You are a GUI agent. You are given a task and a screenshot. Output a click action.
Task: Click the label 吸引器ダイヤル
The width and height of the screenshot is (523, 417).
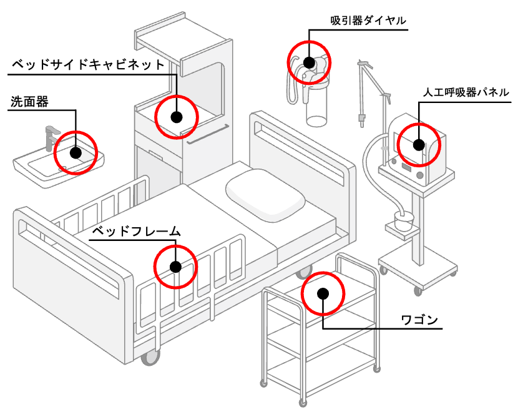pos(368,21)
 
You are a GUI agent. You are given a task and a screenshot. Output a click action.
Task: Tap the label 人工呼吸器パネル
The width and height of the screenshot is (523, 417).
pos(466,92)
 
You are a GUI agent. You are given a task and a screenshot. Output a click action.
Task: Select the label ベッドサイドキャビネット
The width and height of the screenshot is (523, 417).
pos(89,64)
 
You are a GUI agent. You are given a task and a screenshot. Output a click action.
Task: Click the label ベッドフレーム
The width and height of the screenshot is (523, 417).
pos(136,232)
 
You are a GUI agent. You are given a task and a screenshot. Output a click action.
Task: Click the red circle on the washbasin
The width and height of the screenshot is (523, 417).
pos(76,152)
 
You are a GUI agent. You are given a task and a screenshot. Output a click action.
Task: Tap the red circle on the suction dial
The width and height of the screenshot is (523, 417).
pos(308,62)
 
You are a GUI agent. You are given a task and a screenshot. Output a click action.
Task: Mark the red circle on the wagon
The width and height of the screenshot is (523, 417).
pos(323,293)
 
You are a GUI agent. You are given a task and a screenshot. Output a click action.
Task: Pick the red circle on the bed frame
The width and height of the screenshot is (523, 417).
pos(175,267)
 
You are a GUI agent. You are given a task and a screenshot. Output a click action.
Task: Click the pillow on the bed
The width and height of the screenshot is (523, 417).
pos(265,194)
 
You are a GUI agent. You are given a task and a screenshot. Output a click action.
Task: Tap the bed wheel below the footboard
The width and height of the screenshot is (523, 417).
pos(150,358)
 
